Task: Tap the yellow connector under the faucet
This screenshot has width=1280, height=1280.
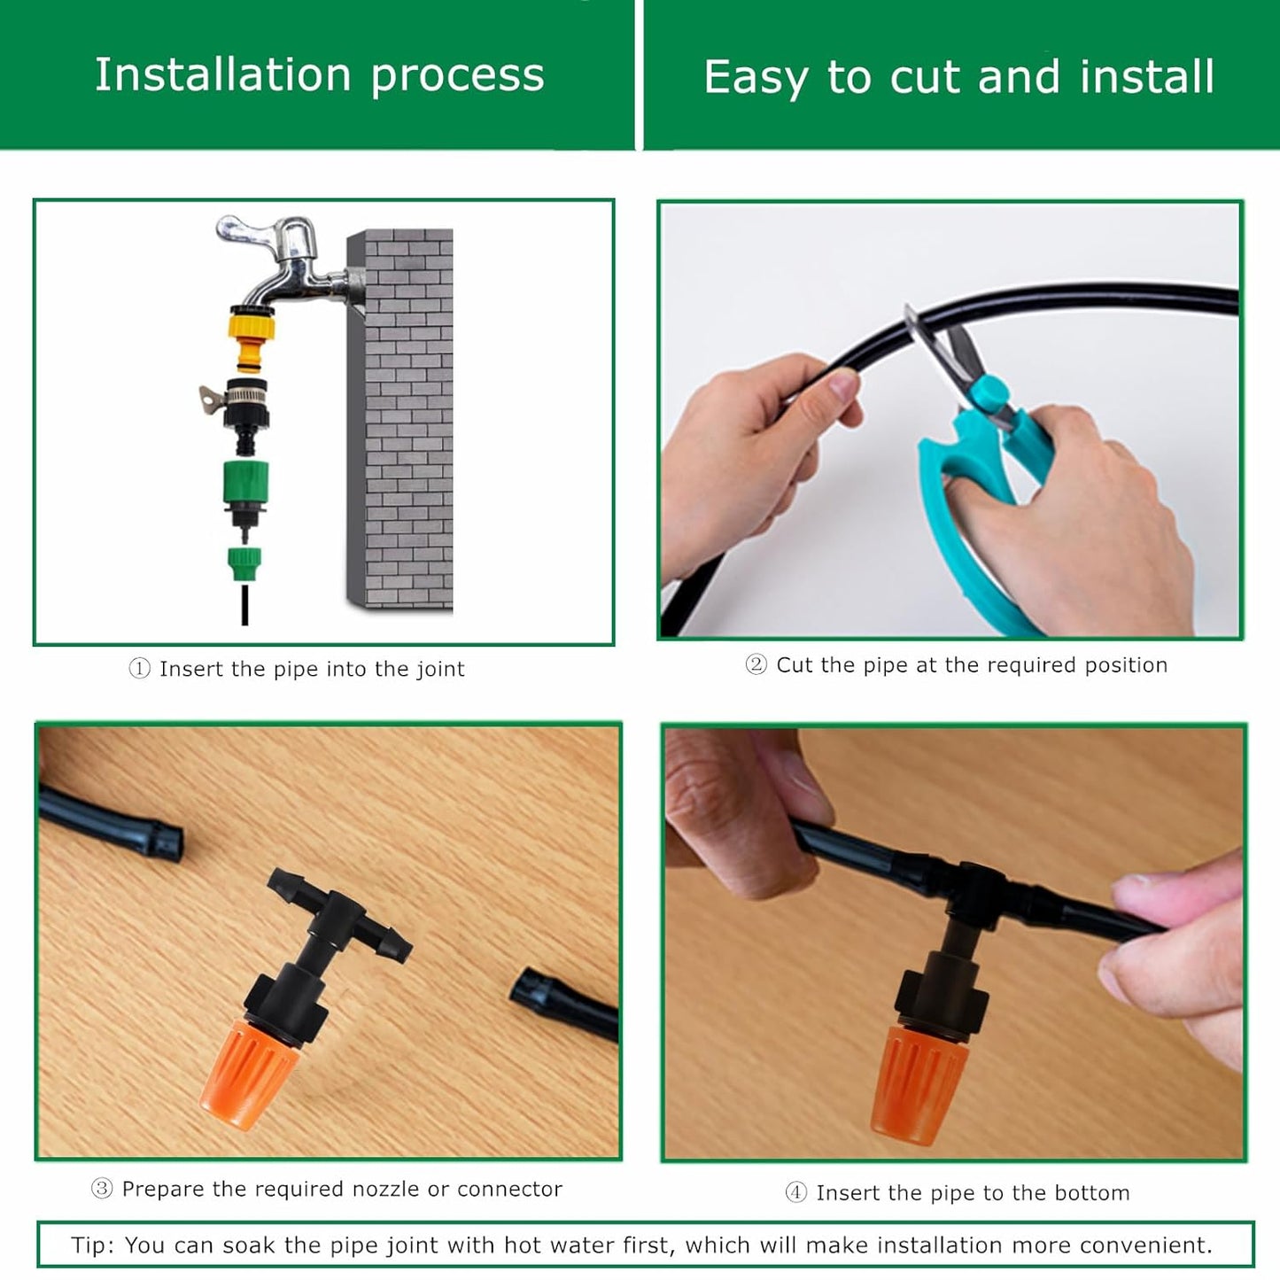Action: pyautogui.click(x=252, y=337)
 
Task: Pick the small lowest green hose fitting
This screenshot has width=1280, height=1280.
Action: pyautogui.click(x=244, y=562)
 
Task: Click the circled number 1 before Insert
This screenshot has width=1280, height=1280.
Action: pyautogui.click(x=139, y=669)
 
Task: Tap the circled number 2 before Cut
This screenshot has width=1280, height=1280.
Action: pyautogui.click(x=756, y=664)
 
